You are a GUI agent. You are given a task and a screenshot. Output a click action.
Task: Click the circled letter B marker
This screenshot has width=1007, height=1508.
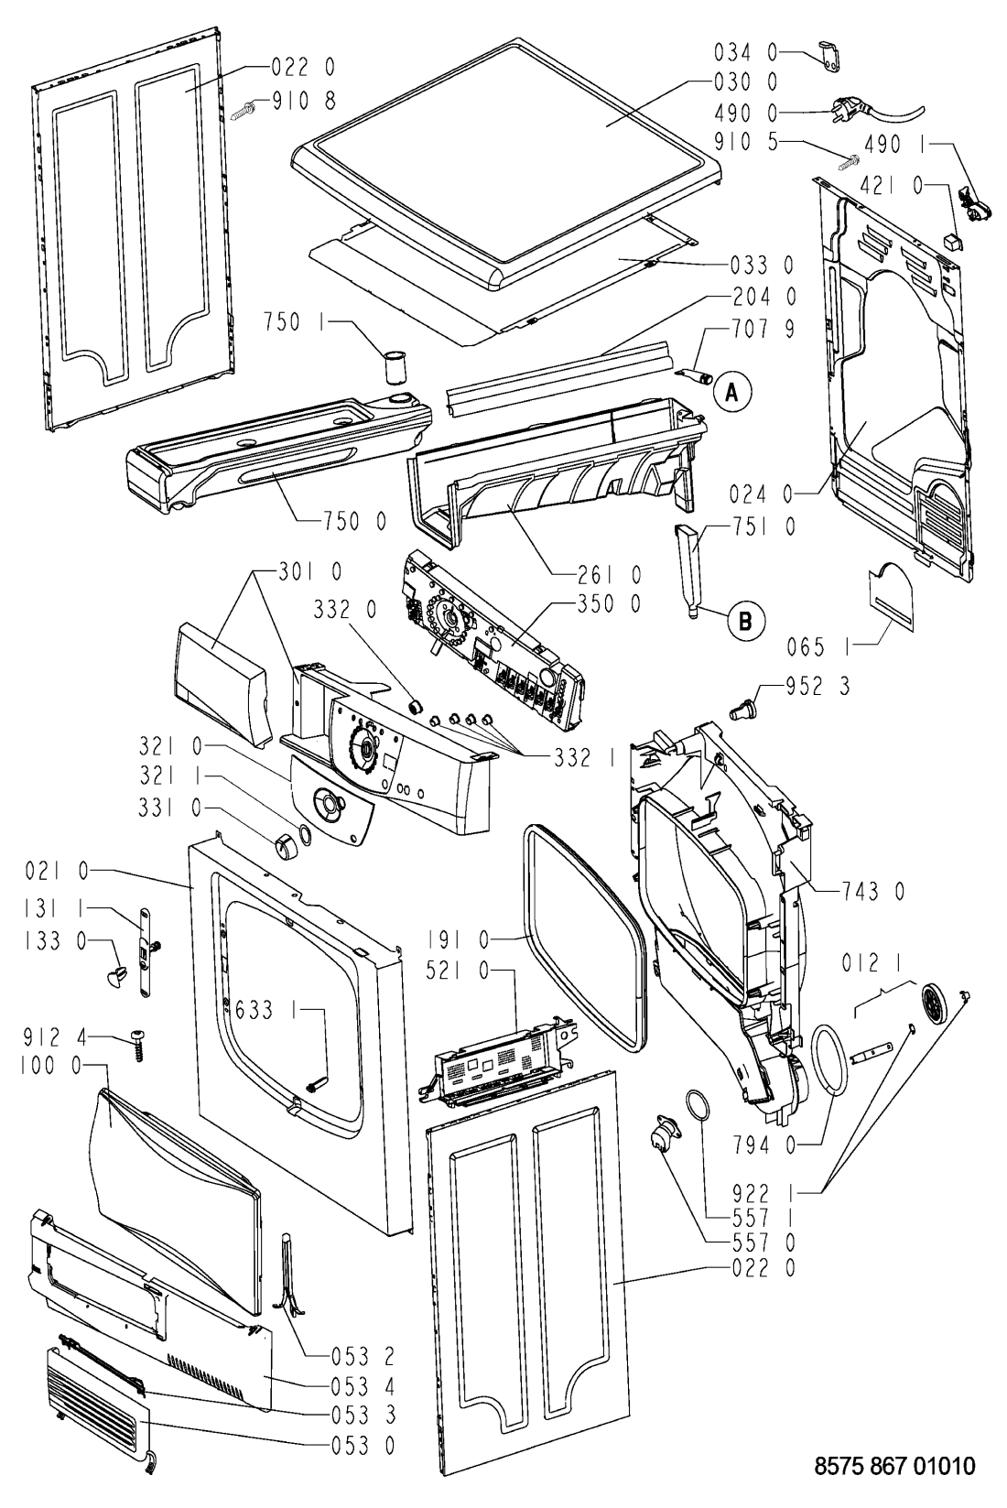pyautogui.click(x=744, y=621)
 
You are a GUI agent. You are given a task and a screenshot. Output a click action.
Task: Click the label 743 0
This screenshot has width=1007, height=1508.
pyautogui.click(x=871, y=889)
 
